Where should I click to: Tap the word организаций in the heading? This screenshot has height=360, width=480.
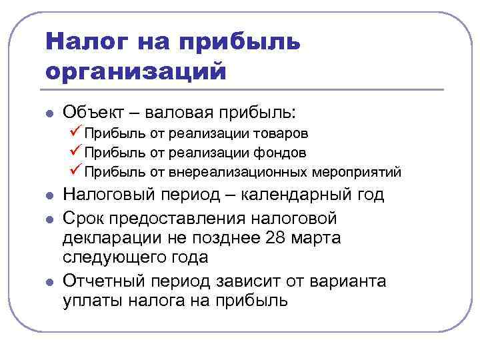click(137, 70)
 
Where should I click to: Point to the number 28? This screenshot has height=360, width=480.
click(275, 239)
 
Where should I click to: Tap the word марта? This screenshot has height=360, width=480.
click(317, 239)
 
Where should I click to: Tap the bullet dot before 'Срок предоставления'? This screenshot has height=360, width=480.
click(49, 219)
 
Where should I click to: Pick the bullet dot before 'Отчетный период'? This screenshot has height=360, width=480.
click(49, 281)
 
